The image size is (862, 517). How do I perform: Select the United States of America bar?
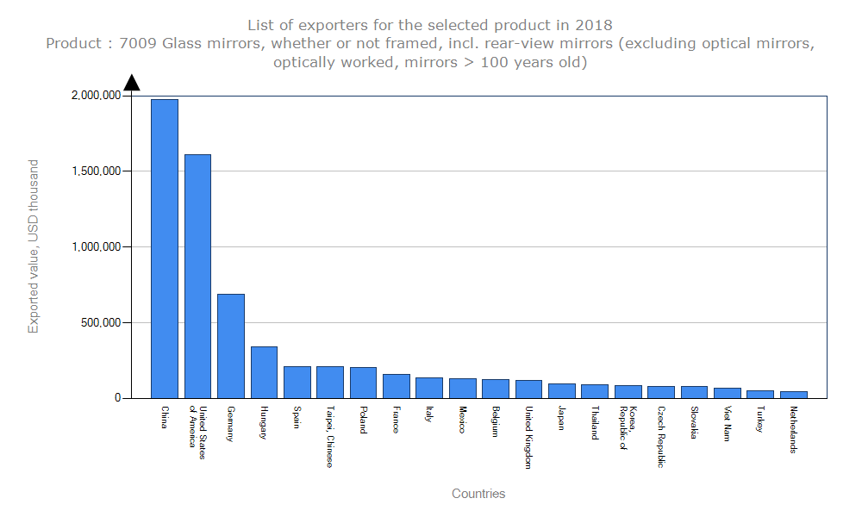[x=197, y=276]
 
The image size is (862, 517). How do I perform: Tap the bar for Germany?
[x=231, y=346]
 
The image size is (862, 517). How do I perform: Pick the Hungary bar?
[x=264, y=372]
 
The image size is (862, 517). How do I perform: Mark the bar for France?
[x=397, y=386]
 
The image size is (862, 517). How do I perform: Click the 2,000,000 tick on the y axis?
[x=95, y=96]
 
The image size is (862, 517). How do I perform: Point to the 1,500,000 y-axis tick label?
[x=95, y=171]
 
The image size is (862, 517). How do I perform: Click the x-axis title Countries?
[x=478, y=494]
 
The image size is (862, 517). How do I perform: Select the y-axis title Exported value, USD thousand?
[x=34, y=246]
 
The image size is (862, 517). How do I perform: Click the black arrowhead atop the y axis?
[x=132, y=83]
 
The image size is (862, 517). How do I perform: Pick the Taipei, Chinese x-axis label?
[x=329, y=437]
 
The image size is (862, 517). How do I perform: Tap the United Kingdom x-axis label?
[x=528, y=437]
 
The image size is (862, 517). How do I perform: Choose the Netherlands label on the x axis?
[x=793, y=429]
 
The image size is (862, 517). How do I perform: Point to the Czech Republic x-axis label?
[x=660, y=437]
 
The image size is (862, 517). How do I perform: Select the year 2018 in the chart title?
[x=594, y=24]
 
